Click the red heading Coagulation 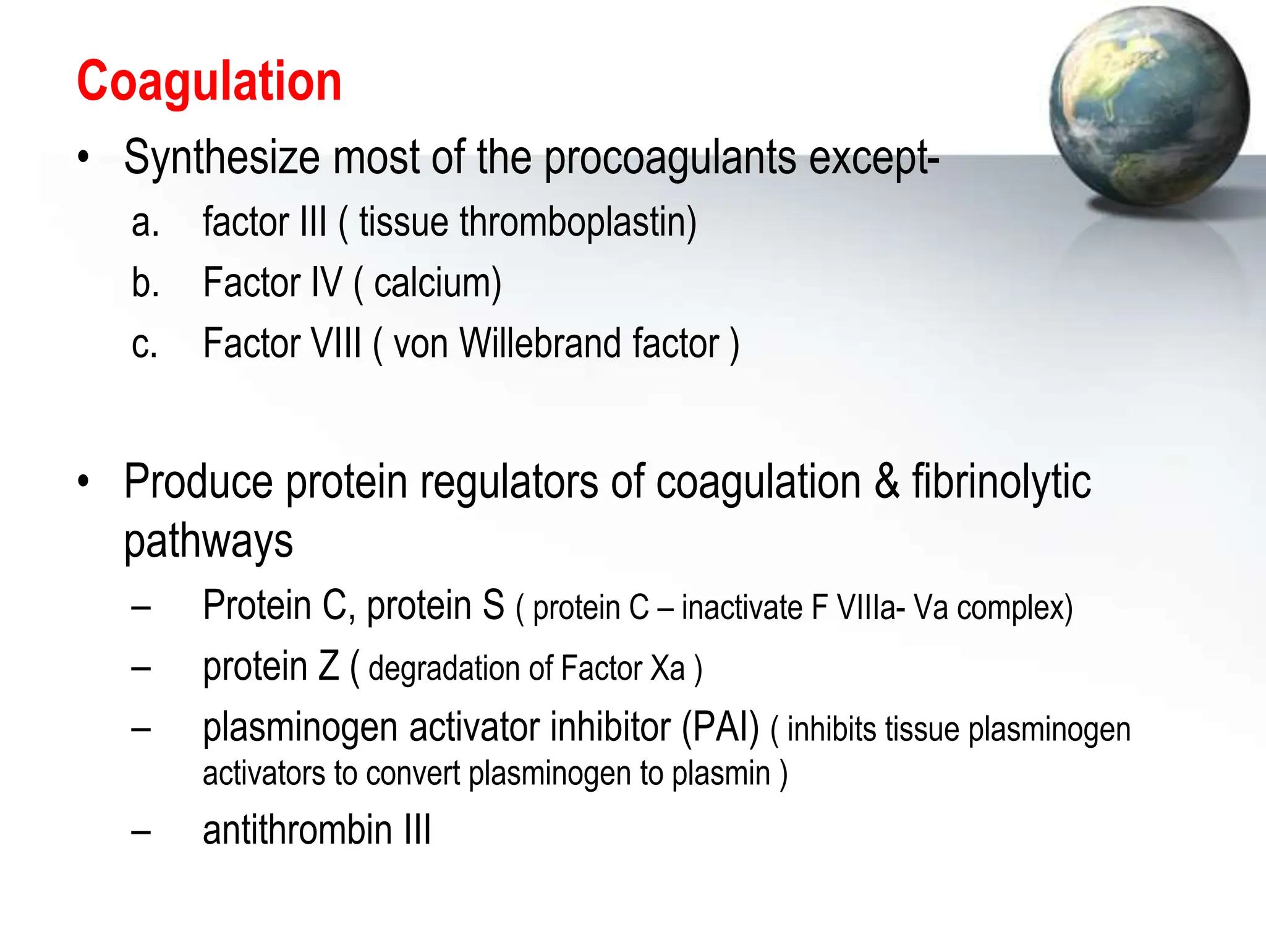(209, 82)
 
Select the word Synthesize (222, 158)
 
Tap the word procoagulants (670, 158)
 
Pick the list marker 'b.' (145, 283)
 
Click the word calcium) (438, 283)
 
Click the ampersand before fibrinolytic (886, 482)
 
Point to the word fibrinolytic (1001, 482)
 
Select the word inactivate (742, 608)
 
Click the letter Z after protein (328, 667)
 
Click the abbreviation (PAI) (720, 728)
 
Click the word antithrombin (297, 830)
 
